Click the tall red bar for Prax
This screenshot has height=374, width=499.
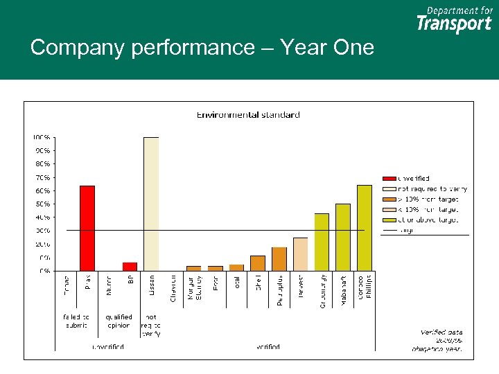point(87,228)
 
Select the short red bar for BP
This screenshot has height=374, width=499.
point(130,267)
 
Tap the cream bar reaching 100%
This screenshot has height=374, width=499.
point(151,204)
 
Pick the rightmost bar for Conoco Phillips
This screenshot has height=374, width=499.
point(364,228)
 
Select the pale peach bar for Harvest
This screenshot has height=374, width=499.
point(300,254)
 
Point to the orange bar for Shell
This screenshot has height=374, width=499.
point(258,263)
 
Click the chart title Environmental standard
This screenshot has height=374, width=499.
point(248,114)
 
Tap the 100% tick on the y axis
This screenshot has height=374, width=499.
point(43,137)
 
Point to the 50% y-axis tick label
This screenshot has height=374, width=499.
point(43,204)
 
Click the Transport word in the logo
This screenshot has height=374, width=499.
point(454,24)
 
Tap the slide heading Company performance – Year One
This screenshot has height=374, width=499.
point(202,48)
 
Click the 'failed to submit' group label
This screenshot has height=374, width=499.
point(76,321)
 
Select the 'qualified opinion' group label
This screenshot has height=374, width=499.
point(119,321)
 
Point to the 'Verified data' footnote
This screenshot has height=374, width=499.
point(441,332)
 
